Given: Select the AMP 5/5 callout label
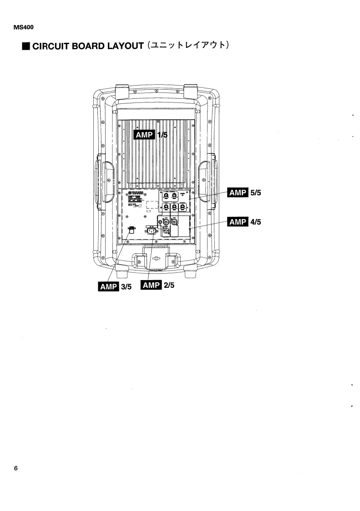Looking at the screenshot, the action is click(x=245, y=193).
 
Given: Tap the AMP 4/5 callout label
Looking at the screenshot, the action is click(x=245, y=222).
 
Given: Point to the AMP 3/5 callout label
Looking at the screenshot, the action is click(x=115, y=287).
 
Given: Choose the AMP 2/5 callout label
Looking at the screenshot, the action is click(x=158, y=285).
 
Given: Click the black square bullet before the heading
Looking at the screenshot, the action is click(x=26, y=47).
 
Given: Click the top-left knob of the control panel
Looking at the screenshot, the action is click(x=167, y=196).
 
